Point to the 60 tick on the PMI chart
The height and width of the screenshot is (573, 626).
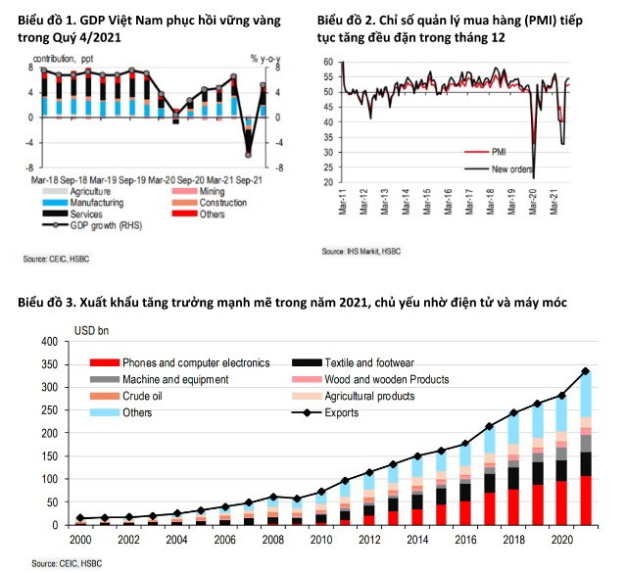[x=328, y=63]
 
